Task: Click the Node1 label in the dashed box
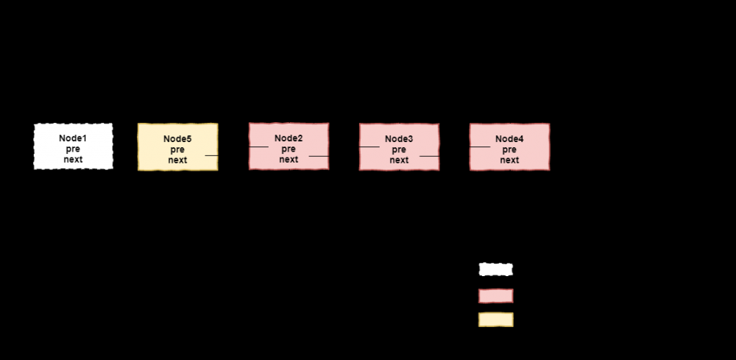click(x=73, y=138)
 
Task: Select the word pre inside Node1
click(x=73, y=149)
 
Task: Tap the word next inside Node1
click(x=73, y=159)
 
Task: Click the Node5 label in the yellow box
click(x=177, y=138)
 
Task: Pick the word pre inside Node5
click(x=177, y=149)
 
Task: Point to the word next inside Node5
click(x=177, y=160)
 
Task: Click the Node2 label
click(x=289, y=138)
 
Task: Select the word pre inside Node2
click(x=289, y=149)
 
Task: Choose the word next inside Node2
click(x=289, y=159)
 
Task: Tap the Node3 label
click(x=399, y=138)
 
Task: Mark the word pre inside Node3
click(x=399, y=149)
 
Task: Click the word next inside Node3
click(x=399, y=160)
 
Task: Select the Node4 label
click(x=509, y=138)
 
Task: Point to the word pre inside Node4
click(x=509, y=149)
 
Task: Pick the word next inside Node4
click(x=509, y=160)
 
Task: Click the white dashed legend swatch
click(x=495, y=269)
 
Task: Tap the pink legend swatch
click(x=495, y=295)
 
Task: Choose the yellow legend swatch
click(x=495, y=320)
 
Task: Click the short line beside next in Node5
click(x=211, y=155)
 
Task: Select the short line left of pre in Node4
click(x=480, y=147)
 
